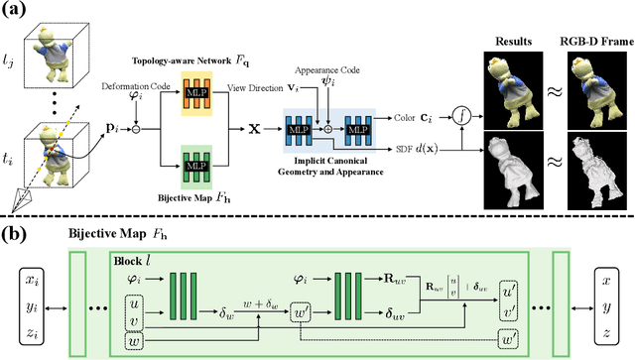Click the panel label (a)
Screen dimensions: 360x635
tap(19, 12)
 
